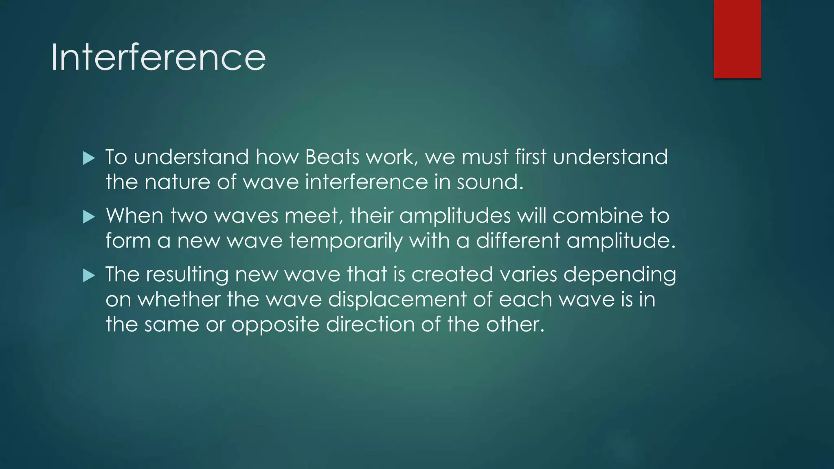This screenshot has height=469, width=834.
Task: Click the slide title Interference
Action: pyautogui.click(x=158, y=58)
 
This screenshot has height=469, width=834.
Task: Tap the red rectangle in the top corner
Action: pyautogui.click(x=737, y=39)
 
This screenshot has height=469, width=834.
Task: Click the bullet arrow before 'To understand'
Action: pyautogui.click(x=89, y=158)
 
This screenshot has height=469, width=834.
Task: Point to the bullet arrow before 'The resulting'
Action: pyautogui.click(x=89, y=276)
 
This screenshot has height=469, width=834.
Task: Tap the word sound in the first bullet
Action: pyautogui.click(x=489, y=182)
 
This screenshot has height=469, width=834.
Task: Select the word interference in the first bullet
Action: pyautogui.click(x=366, y=182)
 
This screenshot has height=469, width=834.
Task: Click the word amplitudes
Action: pyautogui.click(x=455, y=216)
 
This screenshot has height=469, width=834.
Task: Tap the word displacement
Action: pyautogui.click(x=397, y=300)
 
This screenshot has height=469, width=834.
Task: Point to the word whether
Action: pyautogui.click(x=179, y=300)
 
